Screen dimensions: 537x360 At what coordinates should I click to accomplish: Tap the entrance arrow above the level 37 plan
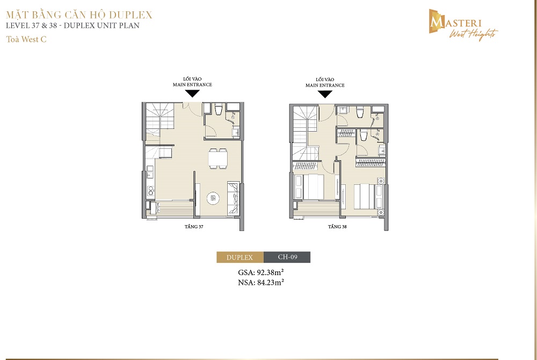[x=192, y=93]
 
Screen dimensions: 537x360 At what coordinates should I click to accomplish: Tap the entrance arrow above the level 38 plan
[x=325, y=94]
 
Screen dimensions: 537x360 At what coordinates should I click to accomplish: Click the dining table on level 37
[x=218, y=159]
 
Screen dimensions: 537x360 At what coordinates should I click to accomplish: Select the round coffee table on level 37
[x=213, y=198]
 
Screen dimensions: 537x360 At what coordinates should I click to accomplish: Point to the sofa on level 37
[x=233, y=198]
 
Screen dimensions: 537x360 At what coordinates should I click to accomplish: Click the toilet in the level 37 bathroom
[x=219, y=109]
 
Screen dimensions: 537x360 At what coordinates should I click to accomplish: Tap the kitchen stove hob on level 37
[x=150, y=191]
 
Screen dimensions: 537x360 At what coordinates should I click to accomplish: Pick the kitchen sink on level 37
[x=150, y=171]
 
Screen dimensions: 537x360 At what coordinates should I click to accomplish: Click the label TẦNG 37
[x=194, y=226]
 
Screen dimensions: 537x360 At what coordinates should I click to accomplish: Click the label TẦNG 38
[x=337, y=226]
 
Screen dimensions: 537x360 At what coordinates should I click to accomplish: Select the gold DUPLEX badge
[x=240, y=257]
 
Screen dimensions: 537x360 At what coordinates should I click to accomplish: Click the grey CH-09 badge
[x=287, y=257]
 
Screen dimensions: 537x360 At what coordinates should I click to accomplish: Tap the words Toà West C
[x=26, y=39]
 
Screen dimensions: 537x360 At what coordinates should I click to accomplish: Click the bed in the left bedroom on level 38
[x=314, y=186]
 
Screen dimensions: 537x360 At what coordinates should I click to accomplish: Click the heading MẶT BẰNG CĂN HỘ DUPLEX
[x=79, y=15]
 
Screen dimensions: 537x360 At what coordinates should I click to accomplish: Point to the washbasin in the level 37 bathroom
[x=236, y=132]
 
